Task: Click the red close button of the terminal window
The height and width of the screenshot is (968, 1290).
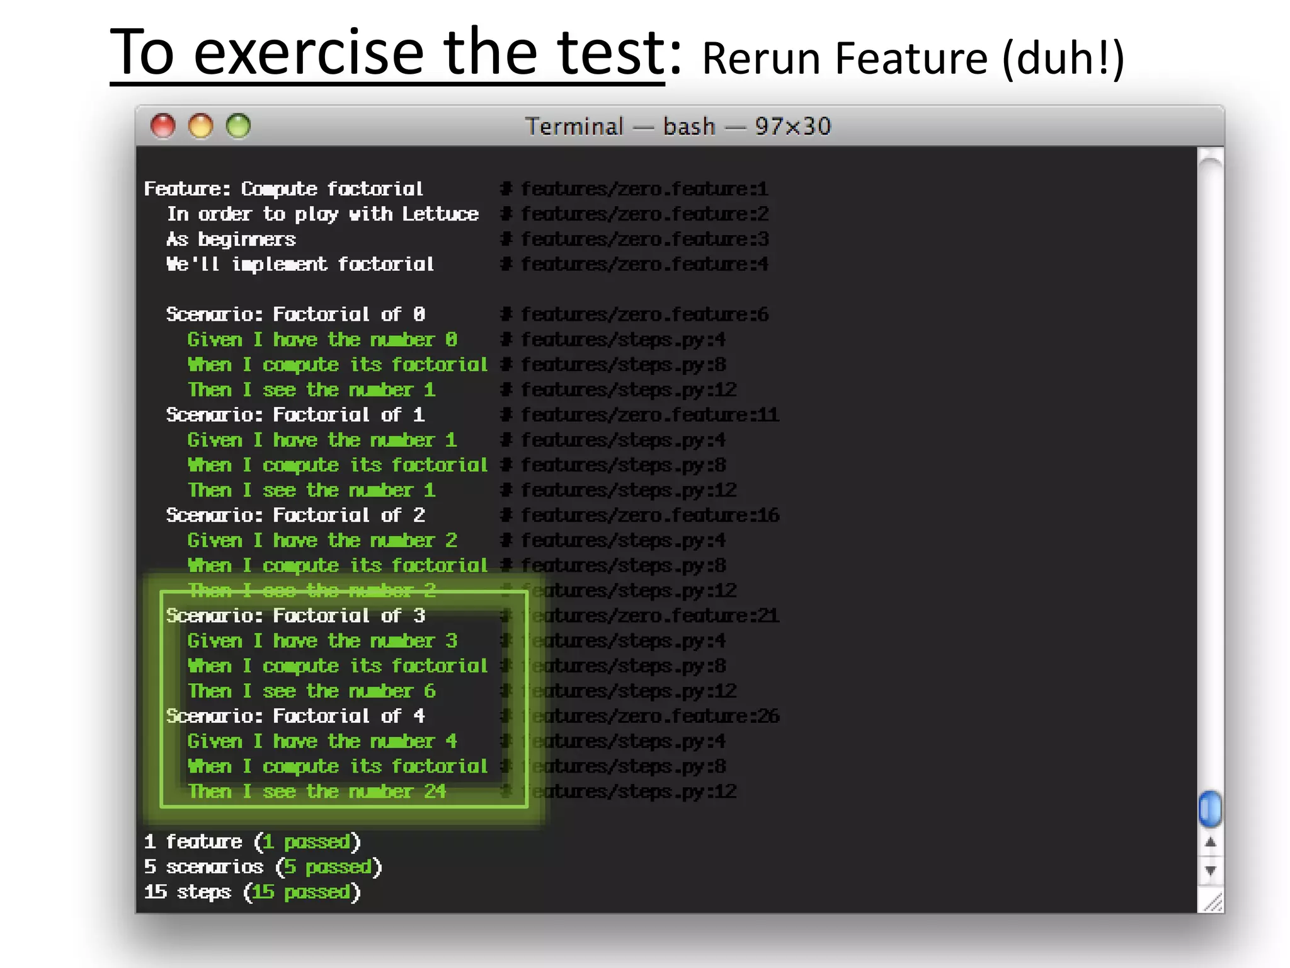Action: pos(163,126)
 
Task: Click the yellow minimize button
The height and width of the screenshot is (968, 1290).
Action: pos(201,126)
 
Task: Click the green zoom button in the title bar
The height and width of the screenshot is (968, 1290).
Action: pos(239,126)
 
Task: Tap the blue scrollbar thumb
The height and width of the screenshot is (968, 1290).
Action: pos(1209,809)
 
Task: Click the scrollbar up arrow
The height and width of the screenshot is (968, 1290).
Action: pos(1210,843)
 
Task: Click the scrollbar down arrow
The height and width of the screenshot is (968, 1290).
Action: pos(1210,871)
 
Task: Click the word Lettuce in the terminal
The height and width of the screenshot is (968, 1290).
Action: pos(440,214)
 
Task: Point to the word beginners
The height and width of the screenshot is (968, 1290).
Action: pos(246,239)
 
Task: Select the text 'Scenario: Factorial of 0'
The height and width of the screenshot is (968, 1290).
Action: pos(295,314)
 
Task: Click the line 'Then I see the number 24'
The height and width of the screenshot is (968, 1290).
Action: pos(317,792)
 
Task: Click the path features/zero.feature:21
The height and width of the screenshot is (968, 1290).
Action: pos(652,616)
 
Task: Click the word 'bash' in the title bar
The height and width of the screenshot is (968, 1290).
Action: pos(689,127)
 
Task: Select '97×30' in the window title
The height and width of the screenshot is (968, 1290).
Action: pos(793,127)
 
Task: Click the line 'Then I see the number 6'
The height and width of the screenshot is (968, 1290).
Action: pos(312,691)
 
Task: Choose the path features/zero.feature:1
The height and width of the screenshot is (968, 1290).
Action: pos(644,189)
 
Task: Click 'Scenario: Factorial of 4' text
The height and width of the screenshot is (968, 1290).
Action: pos(295,716)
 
